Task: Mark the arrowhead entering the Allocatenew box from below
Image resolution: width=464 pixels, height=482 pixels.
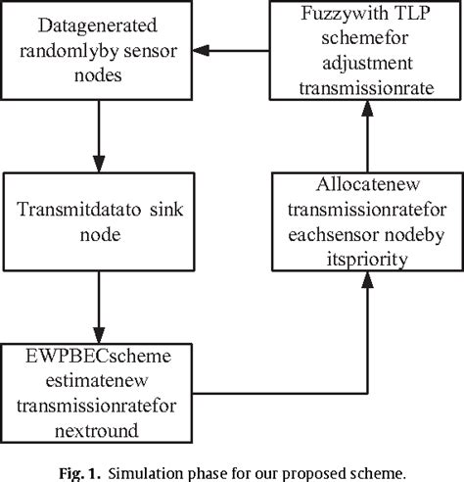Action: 366,278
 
